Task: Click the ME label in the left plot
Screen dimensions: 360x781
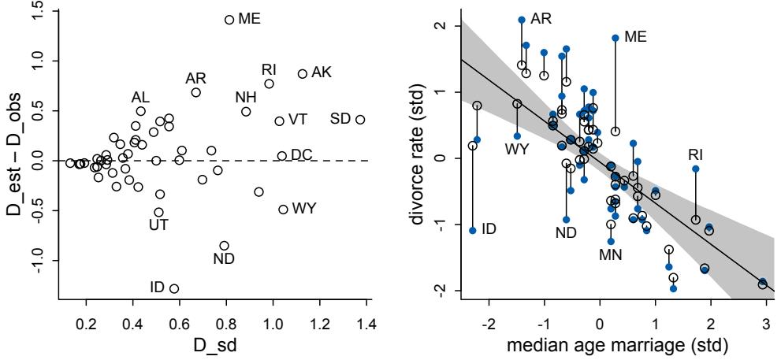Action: [x=249, y=19]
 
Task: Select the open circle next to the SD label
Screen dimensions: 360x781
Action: [x=360, y=120]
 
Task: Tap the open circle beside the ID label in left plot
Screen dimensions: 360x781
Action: [x=174, y=288]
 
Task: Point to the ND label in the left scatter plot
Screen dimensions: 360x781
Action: [x=224, y=258]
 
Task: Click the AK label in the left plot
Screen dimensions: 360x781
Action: [x=322, y=72]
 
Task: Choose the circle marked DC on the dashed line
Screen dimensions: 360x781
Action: [x=282, y=156]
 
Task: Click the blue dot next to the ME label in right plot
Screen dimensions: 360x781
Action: [x=616, y=38]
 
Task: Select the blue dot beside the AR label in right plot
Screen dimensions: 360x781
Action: [x=522, y=20]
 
